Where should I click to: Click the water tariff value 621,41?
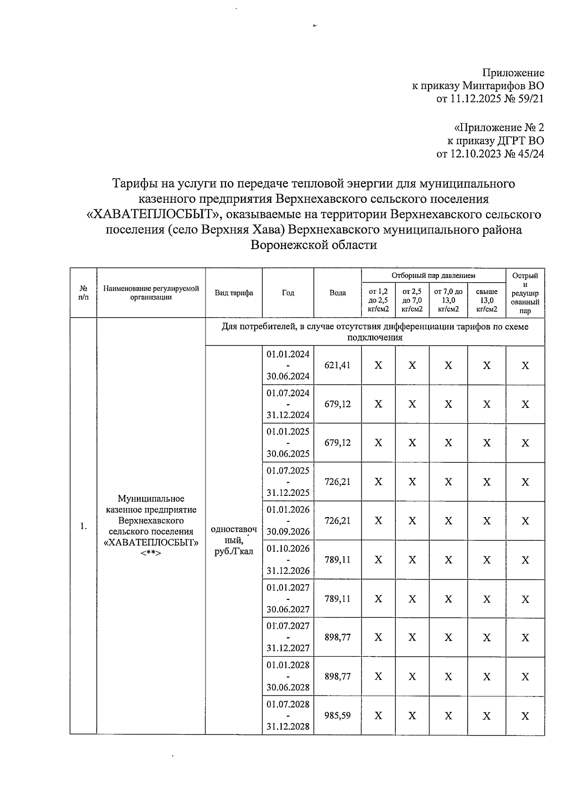pos(337,365)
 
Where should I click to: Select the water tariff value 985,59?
pos(337,715)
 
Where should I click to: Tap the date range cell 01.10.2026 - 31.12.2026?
pos(288,559)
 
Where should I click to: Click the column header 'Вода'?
pos(337,293)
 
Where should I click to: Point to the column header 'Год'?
pos(288,293)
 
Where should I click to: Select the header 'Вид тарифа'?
pos(234,293)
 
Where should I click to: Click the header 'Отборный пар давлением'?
pos(433,275)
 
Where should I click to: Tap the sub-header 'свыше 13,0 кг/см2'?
pos(487,301)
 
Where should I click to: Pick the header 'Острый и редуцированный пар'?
pos(525,293)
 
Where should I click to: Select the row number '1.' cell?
pos(83,526)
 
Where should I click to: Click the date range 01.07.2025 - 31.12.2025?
pos(288,481)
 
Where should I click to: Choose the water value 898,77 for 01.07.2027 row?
pos(337,637)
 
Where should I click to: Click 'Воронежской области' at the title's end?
pos(314,245)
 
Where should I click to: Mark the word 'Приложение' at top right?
pos(513,73)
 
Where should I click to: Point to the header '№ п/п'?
pos(83,293)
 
